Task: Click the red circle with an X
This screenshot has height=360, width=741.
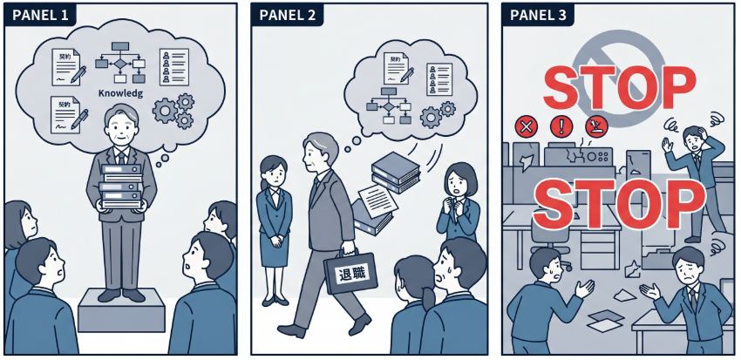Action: [x=526, y=127]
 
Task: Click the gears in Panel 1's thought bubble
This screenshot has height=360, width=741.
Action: [x=173, y=108]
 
